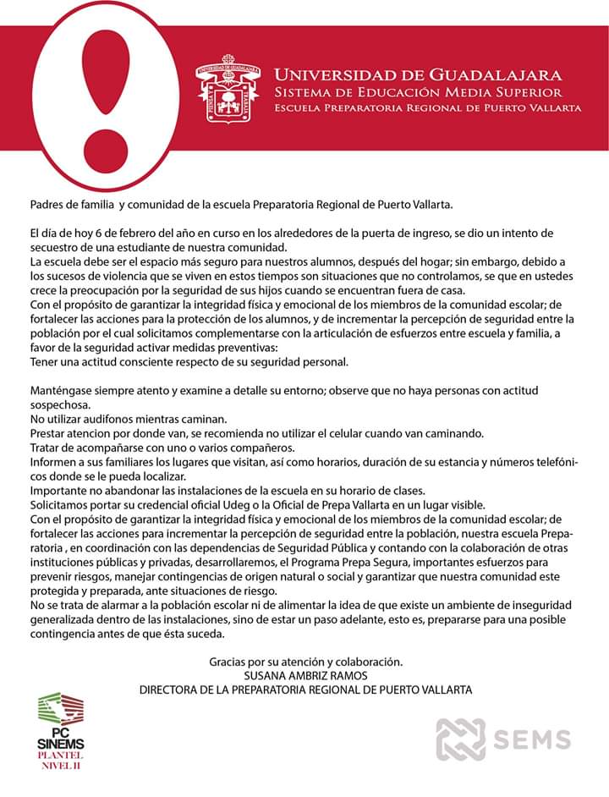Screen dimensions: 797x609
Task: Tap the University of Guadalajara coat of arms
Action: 227,89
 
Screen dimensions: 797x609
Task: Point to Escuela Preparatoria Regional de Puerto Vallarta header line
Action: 427,108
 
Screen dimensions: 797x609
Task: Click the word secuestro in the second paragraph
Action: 57,247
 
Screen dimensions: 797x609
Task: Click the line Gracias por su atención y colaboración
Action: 305,661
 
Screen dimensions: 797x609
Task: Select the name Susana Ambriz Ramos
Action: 305,675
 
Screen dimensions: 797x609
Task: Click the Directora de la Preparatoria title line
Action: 305,690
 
